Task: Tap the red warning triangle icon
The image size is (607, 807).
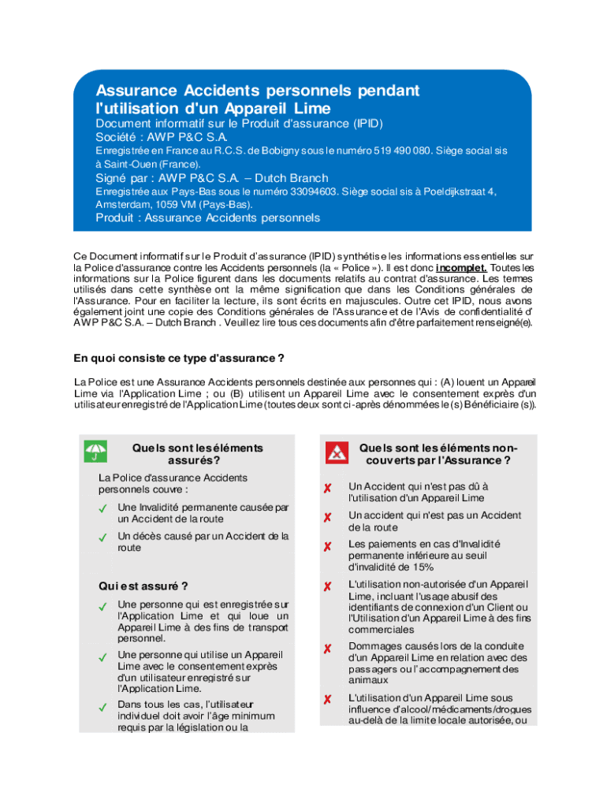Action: (337, 452)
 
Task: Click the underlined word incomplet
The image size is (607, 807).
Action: (460, 267)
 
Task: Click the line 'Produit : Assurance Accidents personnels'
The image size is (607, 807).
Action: (208, 218)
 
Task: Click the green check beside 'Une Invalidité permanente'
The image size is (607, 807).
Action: (102, 508)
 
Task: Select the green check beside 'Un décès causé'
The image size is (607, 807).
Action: (102, 537)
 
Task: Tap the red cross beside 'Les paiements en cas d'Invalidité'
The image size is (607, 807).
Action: (326, 546)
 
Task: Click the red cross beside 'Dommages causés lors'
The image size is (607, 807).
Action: (326, 649)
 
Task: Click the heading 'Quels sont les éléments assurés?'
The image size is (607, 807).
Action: (198, 453)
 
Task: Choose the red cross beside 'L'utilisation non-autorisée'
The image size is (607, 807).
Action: (326, 586)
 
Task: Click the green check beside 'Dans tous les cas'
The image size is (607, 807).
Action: (102, 707)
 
